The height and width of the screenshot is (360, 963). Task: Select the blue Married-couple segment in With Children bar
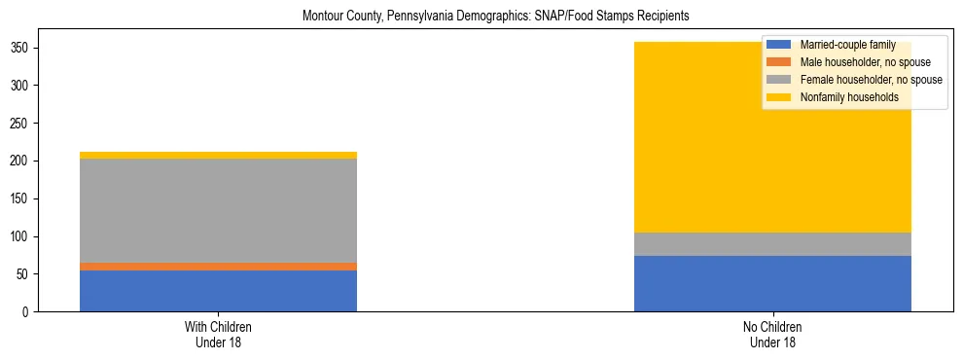pyautogui.click(x=218, y=291)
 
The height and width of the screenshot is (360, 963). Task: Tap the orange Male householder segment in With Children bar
pyautogui.click(x=218, y=267)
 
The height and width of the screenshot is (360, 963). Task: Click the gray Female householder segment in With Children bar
pyautogui.click(x=218, y=210)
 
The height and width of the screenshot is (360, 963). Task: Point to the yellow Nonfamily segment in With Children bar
pyautogui.click(x=218, y=155)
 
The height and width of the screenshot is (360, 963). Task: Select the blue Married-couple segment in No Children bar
pyautogui.click(x=772, y=283)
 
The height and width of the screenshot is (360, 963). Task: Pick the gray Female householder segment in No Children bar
pyautogui.click(x=772, y=244)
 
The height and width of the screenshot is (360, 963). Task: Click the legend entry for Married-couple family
pyautogui.click(x=847, y=45)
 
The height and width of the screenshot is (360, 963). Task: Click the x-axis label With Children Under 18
pyautogui.click(x=218, y=335)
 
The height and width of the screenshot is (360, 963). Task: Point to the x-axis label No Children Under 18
pyautogui.click(x=772, y=335)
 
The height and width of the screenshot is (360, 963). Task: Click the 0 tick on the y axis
pyautogui.click(x=30, y=312)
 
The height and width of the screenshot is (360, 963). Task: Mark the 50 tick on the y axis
pyautogui.click(x=27, y=274)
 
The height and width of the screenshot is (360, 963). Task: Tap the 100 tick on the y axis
pyautogui.click(x=24, y=236)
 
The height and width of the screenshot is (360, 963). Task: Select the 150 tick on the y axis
pyautogui.click(x=24, y=198)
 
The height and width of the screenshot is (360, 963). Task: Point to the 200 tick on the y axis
pyautogui.click(x=24, y=162)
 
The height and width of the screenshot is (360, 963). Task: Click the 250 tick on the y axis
pyautogui.click(x=24, y=124)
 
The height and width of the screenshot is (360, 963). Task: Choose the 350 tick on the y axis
pyautogui.click(x=24, y=48)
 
